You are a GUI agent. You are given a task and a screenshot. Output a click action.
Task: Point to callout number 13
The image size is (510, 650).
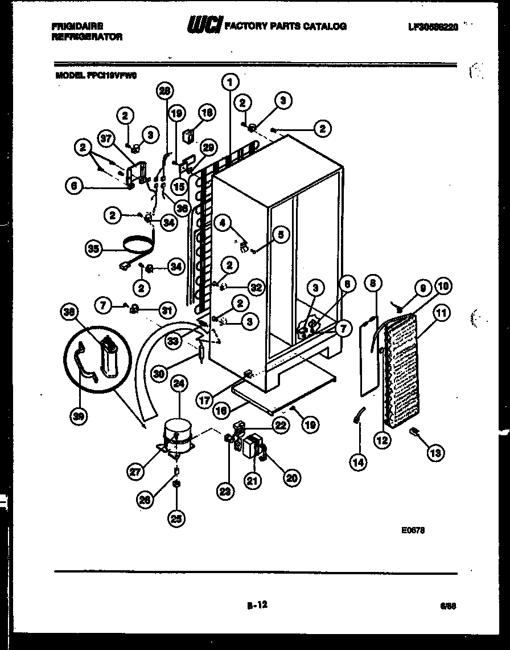[435, 453]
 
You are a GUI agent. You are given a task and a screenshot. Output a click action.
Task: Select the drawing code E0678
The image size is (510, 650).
[413, 529]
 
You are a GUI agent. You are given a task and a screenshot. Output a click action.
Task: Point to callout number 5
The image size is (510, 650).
[280, 234]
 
